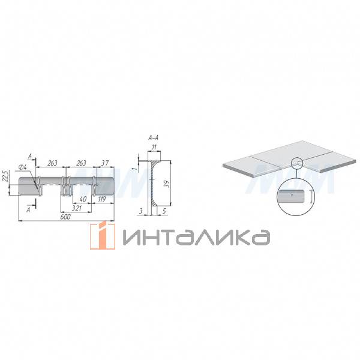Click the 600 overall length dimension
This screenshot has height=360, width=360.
click(65, 217)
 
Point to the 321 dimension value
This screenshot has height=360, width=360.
click(77, 208)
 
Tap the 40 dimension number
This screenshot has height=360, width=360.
click(83, 199)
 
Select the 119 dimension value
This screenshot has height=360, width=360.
click(102, 199)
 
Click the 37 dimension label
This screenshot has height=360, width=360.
click(104, 163)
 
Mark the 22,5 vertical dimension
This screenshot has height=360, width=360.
click(6, 176)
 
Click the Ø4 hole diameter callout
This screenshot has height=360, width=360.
click(22, 167)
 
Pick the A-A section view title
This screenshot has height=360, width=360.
click(154, 138)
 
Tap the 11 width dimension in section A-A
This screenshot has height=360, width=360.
click(154, 147)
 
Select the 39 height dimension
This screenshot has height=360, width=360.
click(167, 184)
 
